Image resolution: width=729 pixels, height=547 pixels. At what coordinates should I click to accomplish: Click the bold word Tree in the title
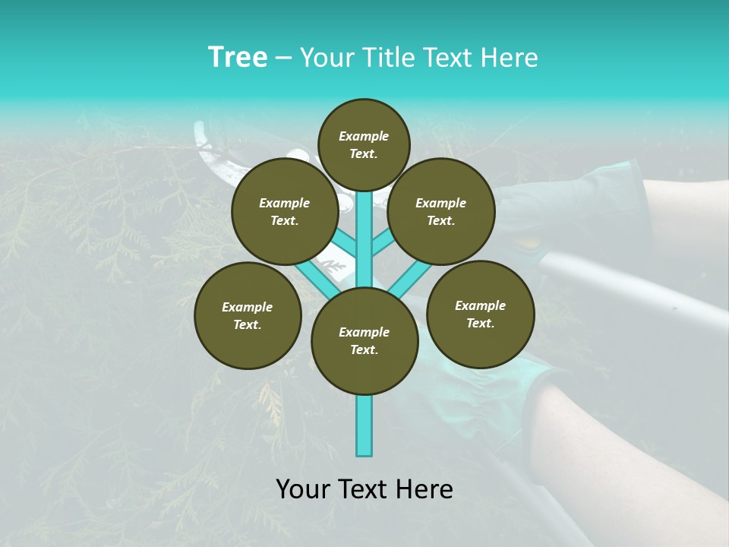coord(238,58)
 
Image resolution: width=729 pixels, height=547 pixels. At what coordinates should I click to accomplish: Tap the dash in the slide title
coord(284,58)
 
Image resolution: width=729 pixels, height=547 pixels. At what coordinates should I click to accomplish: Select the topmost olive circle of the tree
coord(364,144)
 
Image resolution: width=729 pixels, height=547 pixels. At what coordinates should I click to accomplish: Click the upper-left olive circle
coord(285,211)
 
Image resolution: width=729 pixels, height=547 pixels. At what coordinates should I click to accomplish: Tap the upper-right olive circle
coord(441,211)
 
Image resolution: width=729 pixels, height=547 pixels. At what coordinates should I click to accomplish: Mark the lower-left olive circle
coord(248,315)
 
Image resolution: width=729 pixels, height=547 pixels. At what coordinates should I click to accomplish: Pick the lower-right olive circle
coord(480,314)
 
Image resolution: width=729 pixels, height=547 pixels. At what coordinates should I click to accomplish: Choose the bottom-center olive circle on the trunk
coord(364,341)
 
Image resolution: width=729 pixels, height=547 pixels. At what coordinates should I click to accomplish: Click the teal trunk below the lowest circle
coord(364,425)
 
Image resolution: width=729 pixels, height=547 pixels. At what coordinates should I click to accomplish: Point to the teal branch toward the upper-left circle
coord(346,245)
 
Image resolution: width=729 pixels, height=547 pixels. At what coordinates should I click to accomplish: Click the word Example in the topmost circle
coord(364,136)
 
